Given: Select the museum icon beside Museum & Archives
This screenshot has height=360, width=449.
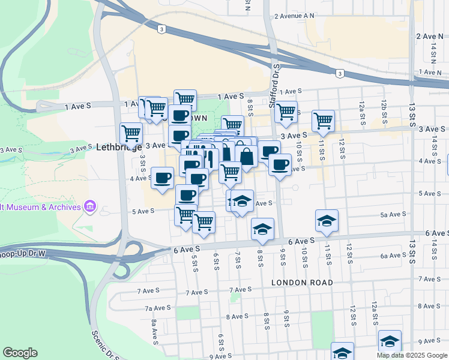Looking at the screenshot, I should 90,207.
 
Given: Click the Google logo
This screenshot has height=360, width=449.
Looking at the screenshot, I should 20,353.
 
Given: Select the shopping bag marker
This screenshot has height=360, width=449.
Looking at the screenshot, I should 246,157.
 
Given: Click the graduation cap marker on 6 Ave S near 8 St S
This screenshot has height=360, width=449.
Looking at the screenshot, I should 262,229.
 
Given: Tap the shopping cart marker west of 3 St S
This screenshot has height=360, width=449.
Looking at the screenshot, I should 130,133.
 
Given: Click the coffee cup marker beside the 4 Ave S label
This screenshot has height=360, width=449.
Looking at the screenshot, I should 162,178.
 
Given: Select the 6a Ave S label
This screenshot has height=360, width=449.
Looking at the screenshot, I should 393,256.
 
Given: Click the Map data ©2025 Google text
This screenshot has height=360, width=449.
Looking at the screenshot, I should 411,355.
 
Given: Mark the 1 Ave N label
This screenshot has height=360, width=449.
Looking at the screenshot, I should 430,72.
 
